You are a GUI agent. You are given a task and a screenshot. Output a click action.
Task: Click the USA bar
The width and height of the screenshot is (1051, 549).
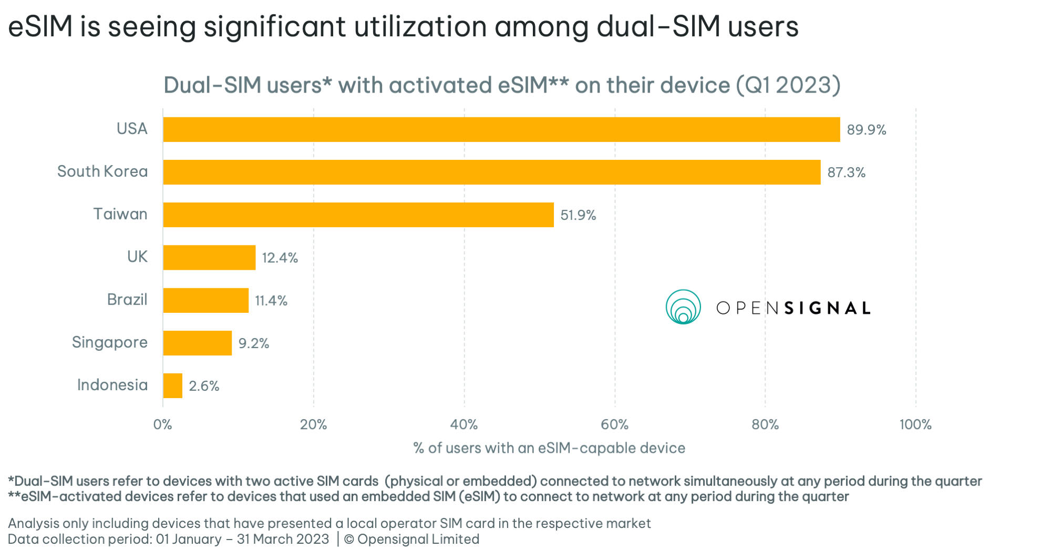501,129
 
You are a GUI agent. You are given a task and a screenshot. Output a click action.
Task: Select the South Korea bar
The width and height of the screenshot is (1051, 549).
491,172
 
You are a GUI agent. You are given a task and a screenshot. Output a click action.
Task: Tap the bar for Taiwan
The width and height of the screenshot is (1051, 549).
358,215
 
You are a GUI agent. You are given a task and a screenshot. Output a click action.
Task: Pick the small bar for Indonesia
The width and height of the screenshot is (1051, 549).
173,385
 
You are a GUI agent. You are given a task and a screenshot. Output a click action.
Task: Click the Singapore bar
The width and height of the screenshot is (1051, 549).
198,343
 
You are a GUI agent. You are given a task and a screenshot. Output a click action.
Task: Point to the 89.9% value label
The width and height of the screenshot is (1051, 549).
866,130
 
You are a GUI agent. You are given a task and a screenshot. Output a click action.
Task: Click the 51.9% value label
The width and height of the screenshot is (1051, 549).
578,215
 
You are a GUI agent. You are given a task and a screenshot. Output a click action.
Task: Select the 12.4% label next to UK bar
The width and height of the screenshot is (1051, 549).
280,258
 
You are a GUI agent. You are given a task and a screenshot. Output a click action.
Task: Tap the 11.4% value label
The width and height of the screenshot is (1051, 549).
271,301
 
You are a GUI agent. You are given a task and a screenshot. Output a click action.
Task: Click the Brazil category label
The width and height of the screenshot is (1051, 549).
127,300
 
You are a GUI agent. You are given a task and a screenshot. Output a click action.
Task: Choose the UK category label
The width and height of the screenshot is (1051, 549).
137,257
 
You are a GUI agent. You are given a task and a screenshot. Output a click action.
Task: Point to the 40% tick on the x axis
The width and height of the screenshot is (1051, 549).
464,424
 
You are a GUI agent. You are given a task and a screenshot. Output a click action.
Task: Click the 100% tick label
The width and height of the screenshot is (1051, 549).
915,424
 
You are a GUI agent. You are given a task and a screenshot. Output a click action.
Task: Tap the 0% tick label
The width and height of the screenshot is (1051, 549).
163,424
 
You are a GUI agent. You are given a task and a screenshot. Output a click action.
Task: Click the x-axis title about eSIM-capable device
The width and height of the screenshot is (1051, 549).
549,448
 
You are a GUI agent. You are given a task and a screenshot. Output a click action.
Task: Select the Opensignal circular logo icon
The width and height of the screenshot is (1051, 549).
683,307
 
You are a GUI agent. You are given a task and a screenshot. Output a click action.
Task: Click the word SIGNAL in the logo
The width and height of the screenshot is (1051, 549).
827,308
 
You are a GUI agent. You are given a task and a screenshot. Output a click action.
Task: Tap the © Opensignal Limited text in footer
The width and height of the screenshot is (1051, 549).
411,539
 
